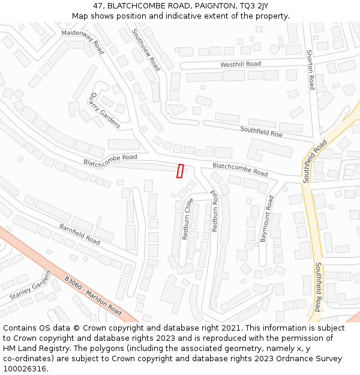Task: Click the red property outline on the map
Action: (179, 171)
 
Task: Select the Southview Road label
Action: (146, 50)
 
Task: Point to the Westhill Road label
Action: (241, 64)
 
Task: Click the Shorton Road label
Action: (311, 70)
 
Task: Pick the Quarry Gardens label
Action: (104, 110)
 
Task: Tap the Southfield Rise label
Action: (261, 132)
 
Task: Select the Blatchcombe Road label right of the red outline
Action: (240, 169)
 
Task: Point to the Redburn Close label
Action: (187, 219)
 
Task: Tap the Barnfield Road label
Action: (79, 233)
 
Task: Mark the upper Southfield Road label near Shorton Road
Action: (315, 161)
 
